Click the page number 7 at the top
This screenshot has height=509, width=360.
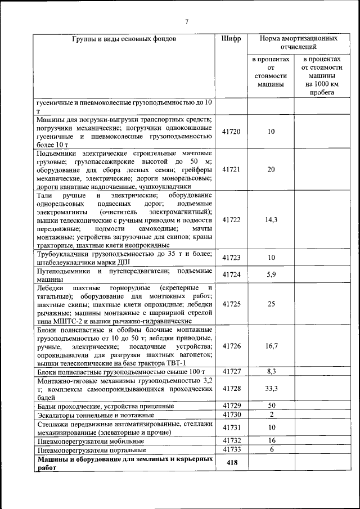(x=186, y=22)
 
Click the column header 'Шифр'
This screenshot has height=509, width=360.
(x=231, y=39)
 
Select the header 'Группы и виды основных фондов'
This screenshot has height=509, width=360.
(x=124, y=39)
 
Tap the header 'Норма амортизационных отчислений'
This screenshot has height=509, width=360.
(x=298, y=43)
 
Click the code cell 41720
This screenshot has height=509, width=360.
(x=231, y=132)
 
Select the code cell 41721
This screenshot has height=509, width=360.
(x=231, y=169)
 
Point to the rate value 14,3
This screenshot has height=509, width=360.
(x=271, y=220)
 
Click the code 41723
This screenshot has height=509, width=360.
(x=231, y=258)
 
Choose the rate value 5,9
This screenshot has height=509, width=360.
(x=271, y=274)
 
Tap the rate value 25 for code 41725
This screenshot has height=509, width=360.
(x=271, y=304)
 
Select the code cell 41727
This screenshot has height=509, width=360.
(x=231, y=371)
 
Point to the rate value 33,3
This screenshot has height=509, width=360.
(x=271, y=388)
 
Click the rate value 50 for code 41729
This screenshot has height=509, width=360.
(x=271, y=406)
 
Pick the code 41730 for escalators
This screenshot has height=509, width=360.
(x=231, y=415)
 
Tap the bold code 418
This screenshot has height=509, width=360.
(x=231, y=462)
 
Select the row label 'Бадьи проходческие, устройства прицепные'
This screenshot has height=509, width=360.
(x=97, y=406)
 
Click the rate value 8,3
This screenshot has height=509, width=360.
(x=271, y=371)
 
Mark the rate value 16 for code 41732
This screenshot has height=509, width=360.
(x=271, y=440)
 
